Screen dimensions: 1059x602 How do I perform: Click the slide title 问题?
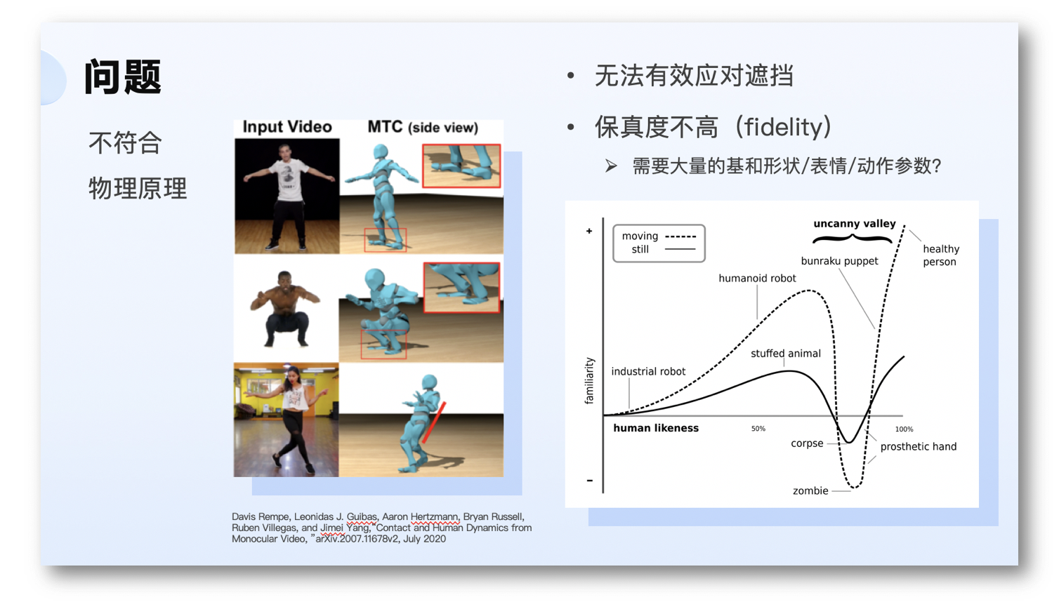point(123,76)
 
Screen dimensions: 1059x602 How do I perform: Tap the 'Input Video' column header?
point(287,126)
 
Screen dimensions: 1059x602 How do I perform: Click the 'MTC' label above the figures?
point(385,126)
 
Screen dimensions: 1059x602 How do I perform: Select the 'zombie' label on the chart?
point(810,491)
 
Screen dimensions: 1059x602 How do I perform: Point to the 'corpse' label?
point(807,443)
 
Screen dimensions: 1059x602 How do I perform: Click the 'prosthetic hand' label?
point(918,446)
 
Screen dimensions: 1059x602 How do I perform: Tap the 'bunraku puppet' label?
point(839,261)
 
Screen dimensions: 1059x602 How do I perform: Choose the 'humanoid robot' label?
point(757,279)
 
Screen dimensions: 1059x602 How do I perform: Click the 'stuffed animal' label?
point(785,354)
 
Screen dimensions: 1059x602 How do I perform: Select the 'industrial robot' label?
point(648,371)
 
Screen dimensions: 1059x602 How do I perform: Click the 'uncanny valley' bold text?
point(854,224)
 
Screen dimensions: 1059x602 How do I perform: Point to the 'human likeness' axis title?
point(656,428)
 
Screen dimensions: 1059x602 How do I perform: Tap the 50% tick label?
point(758,429)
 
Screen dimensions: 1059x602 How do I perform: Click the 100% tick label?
point(904,429)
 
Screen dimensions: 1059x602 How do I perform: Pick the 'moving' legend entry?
point(640,236)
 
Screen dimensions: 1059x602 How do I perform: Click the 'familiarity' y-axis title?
point(589,381)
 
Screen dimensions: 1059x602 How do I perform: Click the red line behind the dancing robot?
point(434,422)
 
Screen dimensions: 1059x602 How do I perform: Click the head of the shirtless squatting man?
point(284,281)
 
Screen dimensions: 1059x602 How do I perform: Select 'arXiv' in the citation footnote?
point(327,539)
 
